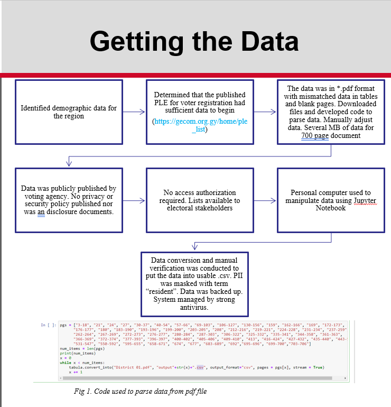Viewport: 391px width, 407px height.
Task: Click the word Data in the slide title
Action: (262, 41)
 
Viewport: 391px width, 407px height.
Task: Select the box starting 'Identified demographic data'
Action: (69, 112)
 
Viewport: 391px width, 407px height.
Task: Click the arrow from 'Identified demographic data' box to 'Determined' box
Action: (134, 112)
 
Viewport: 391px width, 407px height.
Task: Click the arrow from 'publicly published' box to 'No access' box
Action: (134, 200)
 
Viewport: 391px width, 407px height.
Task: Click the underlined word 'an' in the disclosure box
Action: (41, 211)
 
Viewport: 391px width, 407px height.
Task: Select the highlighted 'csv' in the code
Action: (200, 367)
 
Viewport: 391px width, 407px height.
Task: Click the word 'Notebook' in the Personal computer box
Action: (331, 208)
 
